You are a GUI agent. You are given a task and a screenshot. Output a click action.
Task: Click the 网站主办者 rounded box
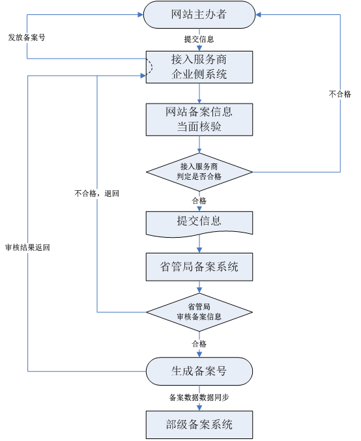[x=199, y=14]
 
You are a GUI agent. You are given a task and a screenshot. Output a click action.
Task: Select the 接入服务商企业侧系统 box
[x=199, y=67]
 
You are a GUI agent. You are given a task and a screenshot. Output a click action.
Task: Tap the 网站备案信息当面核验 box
[x=199, y=119]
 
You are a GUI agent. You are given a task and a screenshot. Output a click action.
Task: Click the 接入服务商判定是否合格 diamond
[x=199, y=172]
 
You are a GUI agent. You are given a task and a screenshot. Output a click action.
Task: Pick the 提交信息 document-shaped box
[x=199, y=224]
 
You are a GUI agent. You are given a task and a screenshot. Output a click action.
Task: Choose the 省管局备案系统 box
[x=199, y=266]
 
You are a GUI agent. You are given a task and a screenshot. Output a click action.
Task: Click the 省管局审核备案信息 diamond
[x=199, y=312]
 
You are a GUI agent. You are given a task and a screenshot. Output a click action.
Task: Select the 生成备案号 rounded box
[x=199, y=371]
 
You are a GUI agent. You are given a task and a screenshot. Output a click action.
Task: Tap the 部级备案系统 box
[x=199, y=425]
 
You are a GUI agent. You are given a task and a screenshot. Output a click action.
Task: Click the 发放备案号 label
[x=27, y=37]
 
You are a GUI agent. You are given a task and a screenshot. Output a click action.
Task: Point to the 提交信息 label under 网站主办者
[x=199, y=39]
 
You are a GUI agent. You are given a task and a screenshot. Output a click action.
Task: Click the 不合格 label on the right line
[x=340, y=94]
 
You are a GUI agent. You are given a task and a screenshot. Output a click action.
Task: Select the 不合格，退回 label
[x=97, y=193]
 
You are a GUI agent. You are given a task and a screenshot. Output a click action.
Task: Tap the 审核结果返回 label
[x=27, y=248]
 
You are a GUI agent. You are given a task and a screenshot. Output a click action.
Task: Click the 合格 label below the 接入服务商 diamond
[x=199, y=201]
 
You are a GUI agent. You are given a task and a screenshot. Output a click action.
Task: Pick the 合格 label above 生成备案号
[x=199, y=343]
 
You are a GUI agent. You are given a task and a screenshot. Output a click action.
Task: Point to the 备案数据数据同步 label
[x=199, y=397]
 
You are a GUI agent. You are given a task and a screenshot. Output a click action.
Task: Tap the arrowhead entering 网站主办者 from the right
[x=258, y=14]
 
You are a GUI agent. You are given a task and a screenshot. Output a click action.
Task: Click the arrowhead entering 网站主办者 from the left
[x=140, y=14]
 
